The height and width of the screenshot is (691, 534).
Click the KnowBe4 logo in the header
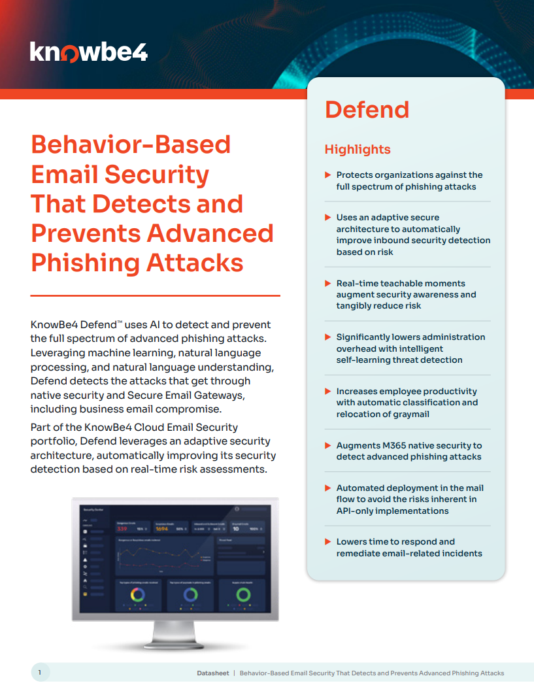88,52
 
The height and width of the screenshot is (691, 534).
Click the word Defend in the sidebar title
367,110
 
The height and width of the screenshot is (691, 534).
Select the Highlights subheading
358,150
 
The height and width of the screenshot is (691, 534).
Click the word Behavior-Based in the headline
131,144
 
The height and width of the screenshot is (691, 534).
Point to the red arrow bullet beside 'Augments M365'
328,445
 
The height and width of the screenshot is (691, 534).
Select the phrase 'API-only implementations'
392,511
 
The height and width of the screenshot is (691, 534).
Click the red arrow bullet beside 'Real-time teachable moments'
328,283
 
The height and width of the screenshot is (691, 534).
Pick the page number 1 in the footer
39,673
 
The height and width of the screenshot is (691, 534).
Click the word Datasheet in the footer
212,673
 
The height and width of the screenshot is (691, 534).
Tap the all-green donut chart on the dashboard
243,595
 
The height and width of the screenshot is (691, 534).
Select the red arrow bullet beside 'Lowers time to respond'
328,542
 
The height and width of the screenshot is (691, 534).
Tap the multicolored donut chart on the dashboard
139,595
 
